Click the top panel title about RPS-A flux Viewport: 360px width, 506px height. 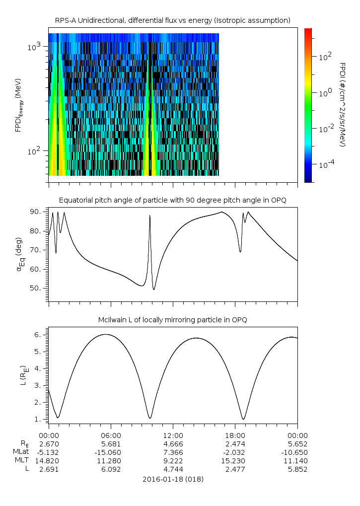173,20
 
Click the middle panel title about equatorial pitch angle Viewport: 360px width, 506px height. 173,200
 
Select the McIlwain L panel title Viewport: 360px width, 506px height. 173,320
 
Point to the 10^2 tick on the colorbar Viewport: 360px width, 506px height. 325,57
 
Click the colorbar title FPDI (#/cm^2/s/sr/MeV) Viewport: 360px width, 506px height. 343,104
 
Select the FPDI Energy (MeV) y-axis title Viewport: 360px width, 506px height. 18,105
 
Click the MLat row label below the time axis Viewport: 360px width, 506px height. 20,452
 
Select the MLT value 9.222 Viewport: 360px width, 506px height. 173,460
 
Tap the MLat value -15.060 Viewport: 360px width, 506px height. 111,452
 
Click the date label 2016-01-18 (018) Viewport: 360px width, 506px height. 173,479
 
